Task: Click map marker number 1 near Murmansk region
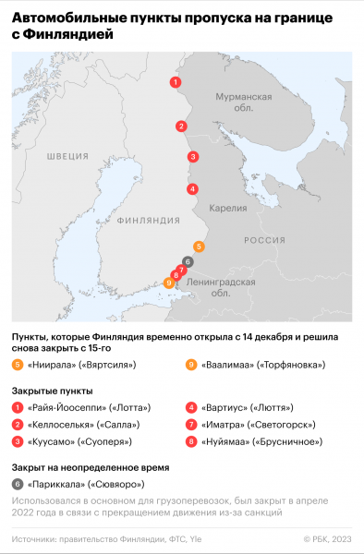tap(175, 83)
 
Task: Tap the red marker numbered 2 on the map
tap(182, 126)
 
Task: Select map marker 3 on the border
tap(192, 156)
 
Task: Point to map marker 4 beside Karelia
tap(191, 189)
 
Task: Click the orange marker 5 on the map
tap(200, 247)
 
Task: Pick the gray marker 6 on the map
tap(188, 261)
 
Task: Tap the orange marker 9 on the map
tap(169, 283)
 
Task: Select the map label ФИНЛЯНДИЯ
tap(148, 221)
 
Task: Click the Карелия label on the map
tap(228, 208)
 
